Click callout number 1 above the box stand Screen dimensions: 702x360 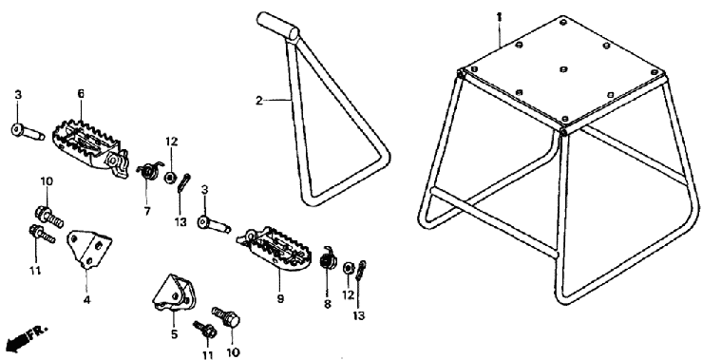500,17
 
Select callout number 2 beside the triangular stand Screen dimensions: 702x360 258,101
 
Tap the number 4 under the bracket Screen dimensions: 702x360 86,299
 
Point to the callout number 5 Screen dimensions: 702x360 174,333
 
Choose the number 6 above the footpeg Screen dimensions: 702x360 81,94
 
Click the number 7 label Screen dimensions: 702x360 147,211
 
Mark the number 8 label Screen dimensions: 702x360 328,305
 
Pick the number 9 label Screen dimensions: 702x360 280,298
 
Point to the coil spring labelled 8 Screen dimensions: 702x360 328,257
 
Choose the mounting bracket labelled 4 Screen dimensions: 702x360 89,249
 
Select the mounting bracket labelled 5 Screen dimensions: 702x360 173,293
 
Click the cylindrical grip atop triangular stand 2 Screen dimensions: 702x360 278,27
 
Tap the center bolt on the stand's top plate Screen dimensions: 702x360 563,69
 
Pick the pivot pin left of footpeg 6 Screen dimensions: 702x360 28,131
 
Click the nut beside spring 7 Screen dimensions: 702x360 170,178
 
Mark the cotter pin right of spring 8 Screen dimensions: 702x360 361,271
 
